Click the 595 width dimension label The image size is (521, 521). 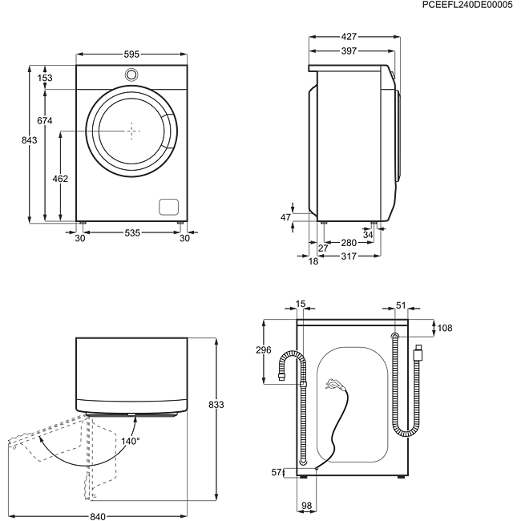click(131, 55)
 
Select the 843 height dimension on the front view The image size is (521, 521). click(30, 140)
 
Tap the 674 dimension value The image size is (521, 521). click(45, 120)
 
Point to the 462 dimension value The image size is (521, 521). click(59, 178)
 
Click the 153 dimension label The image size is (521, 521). click(45, 77)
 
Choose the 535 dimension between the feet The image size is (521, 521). click(131, 232)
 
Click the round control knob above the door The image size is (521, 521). click(131, 75)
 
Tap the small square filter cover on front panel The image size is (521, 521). click(168, 205)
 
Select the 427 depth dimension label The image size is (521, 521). click(348, 37)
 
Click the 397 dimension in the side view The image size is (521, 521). click(348, 51)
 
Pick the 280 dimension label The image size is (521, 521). click(348, 242)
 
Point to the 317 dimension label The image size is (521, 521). click(348, 256)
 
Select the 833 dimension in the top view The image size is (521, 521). click(215, 405)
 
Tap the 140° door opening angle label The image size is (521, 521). click(128, 440)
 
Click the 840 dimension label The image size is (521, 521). click(98, 515)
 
